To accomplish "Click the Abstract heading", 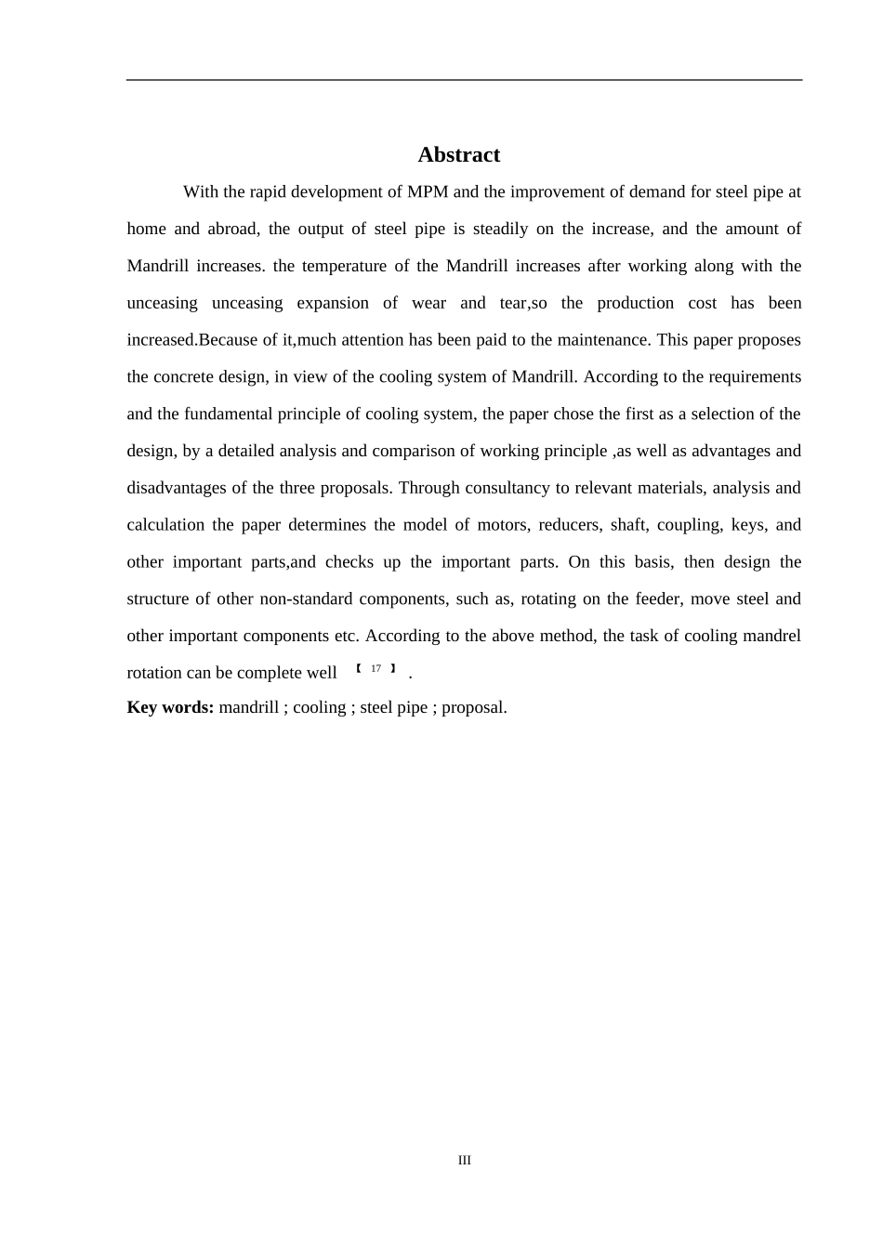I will click(458, 154).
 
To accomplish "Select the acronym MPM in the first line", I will click(428, 192).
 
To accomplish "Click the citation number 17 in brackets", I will click(376, 669).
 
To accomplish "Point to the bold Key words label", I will click(170, 707).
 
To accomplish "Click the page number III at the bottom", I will click(465, 1160).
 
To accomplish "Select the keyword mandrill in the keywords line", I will click(248, 707).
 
